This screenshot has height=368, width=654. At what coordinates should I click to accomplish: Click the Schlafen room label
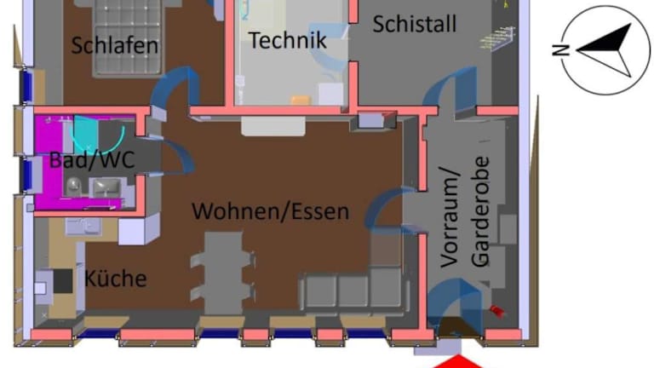point(115,45)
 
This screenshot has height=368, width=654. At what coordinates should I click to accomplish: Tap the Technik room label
point(288,40)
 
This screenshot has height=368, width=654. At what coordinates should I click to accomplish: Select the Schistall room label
point(414,24)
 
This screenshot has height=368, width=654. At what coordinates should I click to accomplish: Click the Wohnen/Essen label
point(270,210)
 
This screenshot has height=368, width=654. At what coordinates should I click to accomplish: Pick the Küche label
point(115,279)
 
